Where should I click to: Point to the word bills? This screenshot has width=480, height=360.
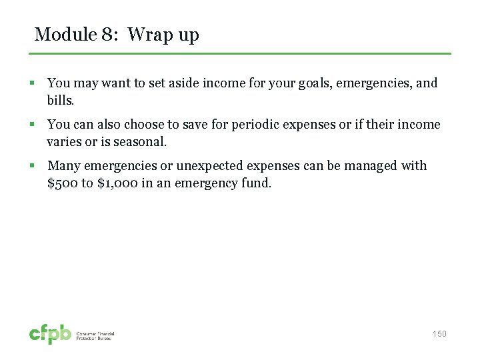pyautogui.click(x=61, y=100)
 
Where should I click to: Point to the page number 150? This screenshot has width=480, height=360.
pyautogui.click(x=439, y=334)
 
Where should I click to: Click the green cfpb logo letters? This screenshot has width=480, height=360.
pyautogui.click(x=50, y=334)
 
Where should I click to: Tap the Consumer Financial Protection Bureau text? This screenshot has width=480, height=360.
pyautogui.click(x=95, y=336)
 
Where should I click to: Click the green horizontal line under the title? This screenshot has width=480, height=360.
pyautogui.click(x=243, y=53)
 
